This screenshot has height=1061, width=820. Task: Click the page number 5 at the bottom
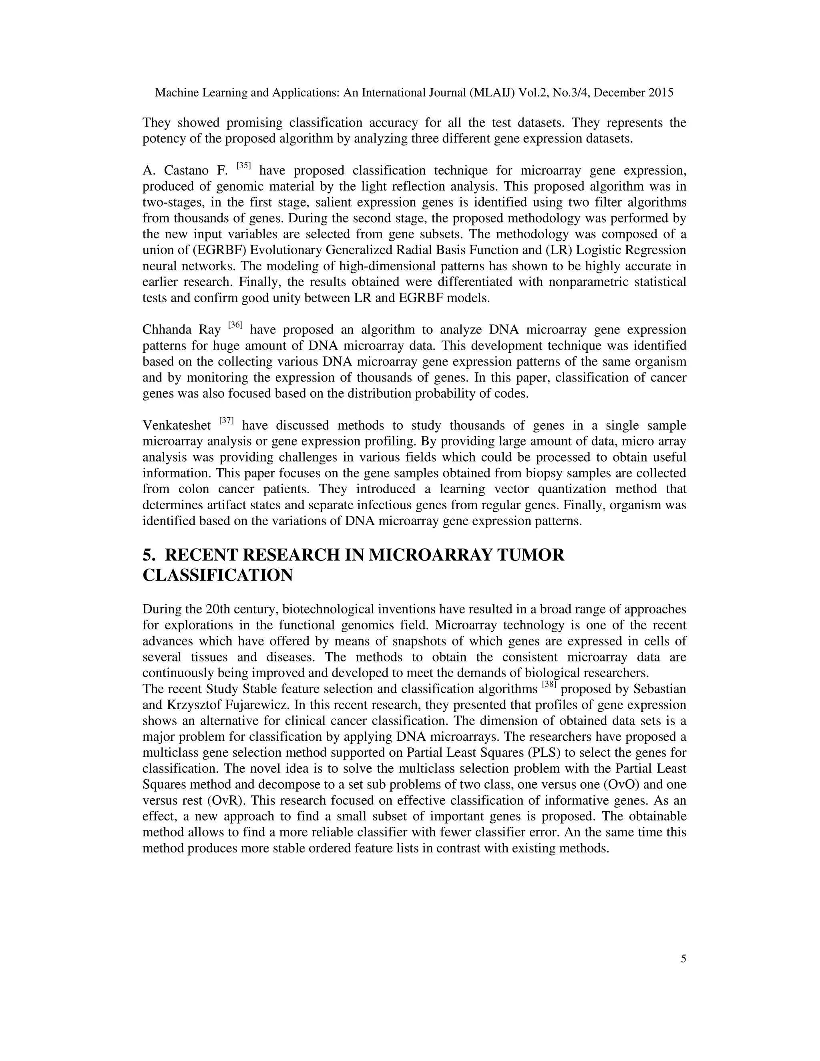pos(683,959)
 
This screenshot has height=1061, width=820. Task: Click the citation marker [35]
pos(243,166)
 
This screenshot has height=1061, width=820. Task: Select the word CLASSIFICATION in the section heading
pos(218,575)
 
